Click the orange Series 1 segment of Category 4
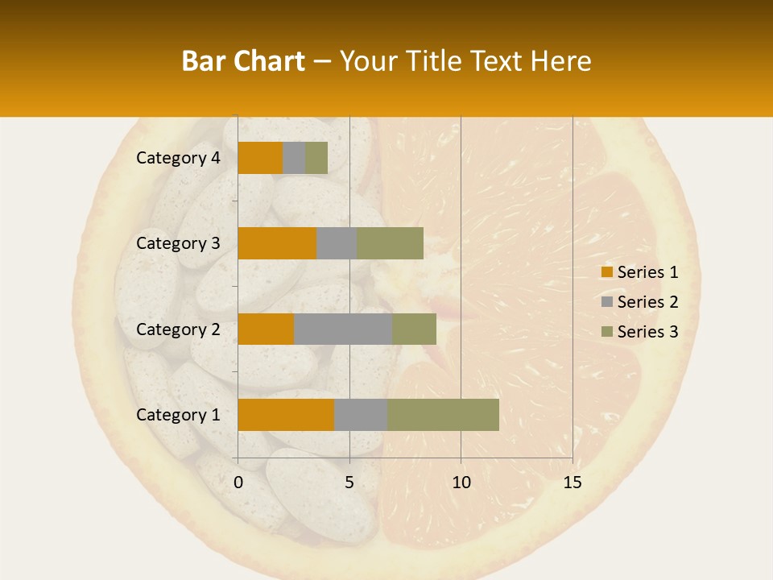click(x=260, y=158)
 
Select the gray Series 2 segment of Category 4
click(x=294, y=158)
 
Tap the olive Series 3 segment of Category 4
click(x=316, y=158)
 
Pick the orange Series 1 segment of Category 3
click(x=277, y=243)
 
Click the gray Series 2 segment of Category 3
click(x=337, y=243)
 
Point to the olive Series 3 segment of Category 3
click(x=390, y=243)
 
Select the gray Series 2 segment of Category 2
click(x=343, y=329)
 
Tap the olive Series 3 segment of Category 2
click(x=414, y=329)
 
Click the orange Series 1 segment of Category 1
click(x=286, y=415)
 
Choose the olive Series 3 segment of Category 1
click(x=443, y=415)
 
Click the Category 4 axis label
click(x=178, y=158)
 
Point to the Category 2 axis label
click(x=178, y=329)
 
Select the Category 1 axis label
click(x=178, y=415)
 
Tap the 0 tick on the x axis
click(x=238, y=483)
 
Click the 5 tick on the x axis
click(x=349, y=483)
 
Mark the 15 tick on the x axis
click(x=572, y=483)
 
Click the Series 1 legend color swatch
click(x=607, y=272)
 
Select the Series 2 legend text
click(x=647, y=302)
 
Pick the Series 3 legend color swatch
click(x=607, y=332)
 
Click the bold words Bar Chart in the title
click(x=243, y=60)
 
